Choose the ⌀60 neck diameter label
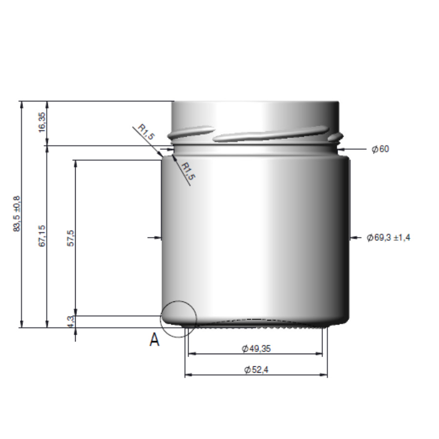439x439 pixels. click(380, 149)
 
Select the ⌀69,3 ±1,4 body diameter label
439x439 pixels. click(389, 238)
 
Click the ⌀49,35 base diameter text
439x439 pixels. click(256, 348)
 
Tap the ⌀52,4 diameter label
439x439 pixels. click(256, 370)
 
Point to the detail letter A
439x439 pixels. click(154, 340)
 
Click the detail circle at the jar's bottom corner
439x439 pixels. click(179, 319)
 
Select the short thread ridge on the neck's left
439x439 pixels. click(190, 132)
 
